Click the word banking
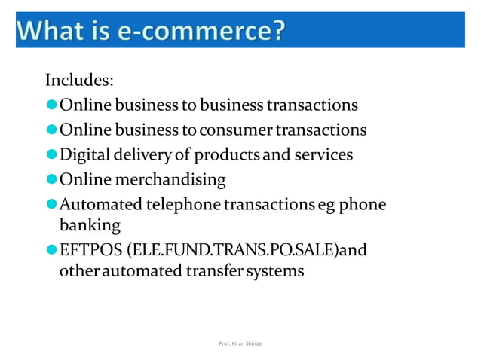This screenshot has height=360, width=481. [89, 224]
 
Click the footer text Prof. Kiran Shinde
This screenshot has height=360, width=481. [240, 343]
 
